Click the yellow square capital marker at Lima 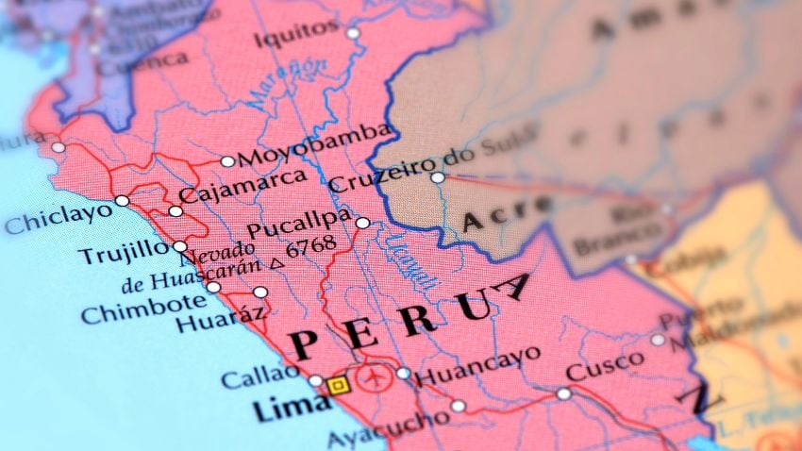[337, 385]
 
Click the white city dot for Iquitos [353, 33]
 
